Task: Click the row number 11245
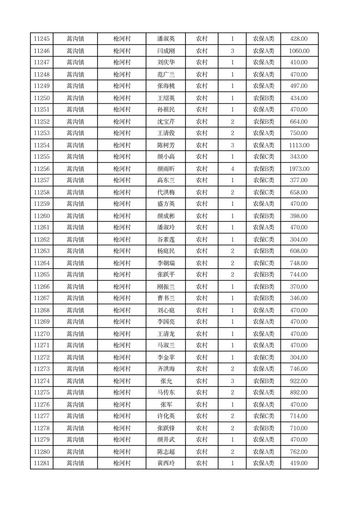(42, 39)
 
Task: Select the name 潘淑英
(166, 39)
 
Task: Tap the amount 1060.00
(299, 51)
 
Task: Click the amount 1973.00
(299, 169)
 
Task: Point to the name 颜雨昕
(166, 169)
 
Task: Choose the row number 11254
(42, 145)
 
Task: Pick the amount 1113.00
(299, 145)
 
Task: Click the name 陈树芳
(166, 145)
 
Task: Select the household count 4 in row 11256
(232, 169)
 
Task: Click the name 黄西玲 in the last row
(166, 463)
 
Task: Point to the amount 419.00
(299, 463)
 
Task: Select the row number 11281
(42, 463)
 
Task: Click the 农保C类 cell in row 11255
(263, 157)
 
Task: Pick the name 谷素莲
(166, 240)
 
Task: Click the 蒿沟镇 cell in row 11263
(75, 251)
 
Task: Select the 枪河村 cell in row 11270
(122, 334)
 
